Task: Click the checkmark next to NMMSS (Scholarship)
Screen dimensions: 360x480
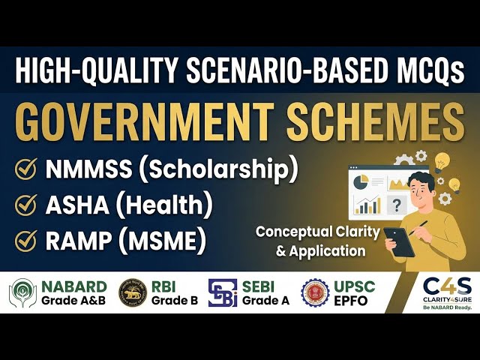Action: point(27,169)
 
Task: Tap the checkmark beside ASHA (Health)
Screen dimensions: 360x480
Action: point(27,204)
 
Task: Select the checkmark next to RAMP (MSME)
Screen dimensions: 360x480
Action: point(27,239)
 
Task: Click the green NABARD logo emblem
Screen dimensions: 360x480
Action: point(22,293)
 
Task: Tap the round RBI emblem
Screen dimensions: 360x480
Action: point(132,293)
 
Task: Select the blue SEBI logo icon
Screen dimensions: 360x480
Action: point(223,293)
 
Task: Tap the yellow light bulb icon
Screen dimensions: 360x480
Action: point(442,160)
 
